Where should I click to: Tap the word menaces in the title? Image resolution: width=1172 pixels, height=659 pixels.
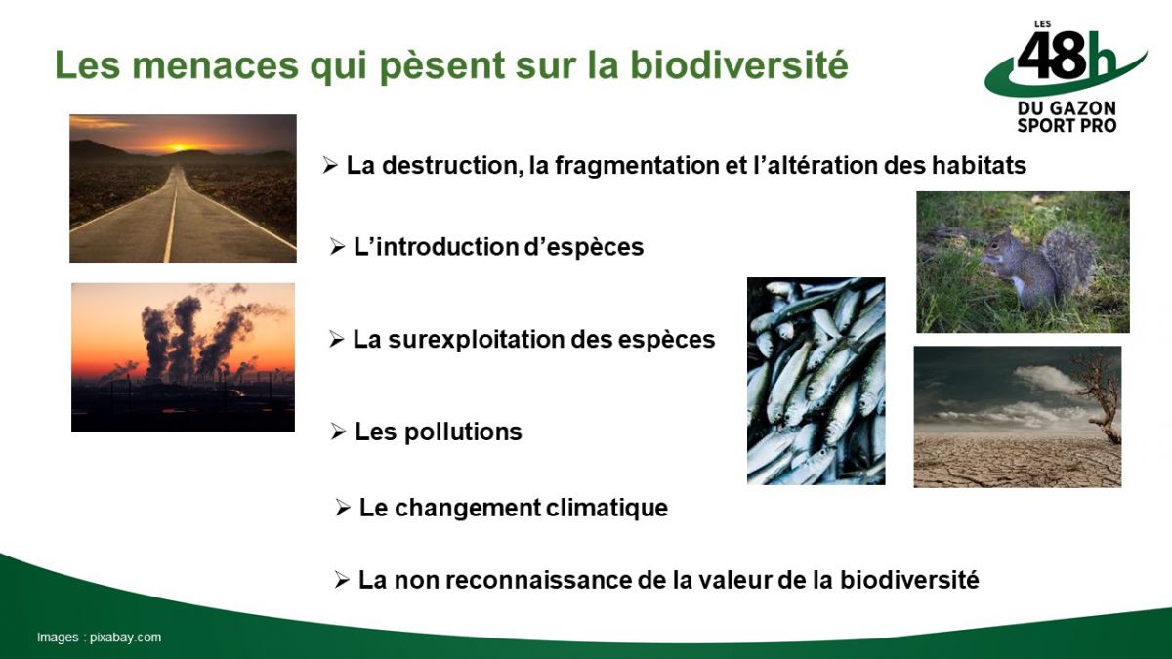(x=215, y=66)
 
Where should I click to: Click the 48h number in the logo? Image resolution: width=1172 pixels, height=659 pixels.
(x=1065, y=56)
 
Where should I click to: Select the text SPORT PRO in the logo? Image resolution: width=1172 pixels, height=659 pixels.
(x=1067, y=126)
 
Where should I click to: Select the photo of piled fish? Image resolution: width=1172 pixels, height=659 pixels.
(x=816, y=381)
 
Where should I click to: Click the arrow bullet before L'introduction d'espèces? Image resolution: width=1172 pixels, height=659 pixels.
(x=338, y=246)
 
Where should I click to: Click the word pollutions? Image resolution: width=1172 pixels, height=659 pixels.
(x=463, y=432)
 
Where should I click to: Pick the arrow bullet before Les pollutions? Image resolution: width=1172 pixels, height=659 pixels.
(x=339, y=432)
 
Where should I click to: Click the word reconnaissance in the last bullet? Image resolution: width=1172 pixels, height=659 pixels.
(x=538, y=581)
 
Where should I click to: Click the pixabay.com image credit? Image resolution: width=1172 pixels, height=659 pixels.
(x=125, y=638)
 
